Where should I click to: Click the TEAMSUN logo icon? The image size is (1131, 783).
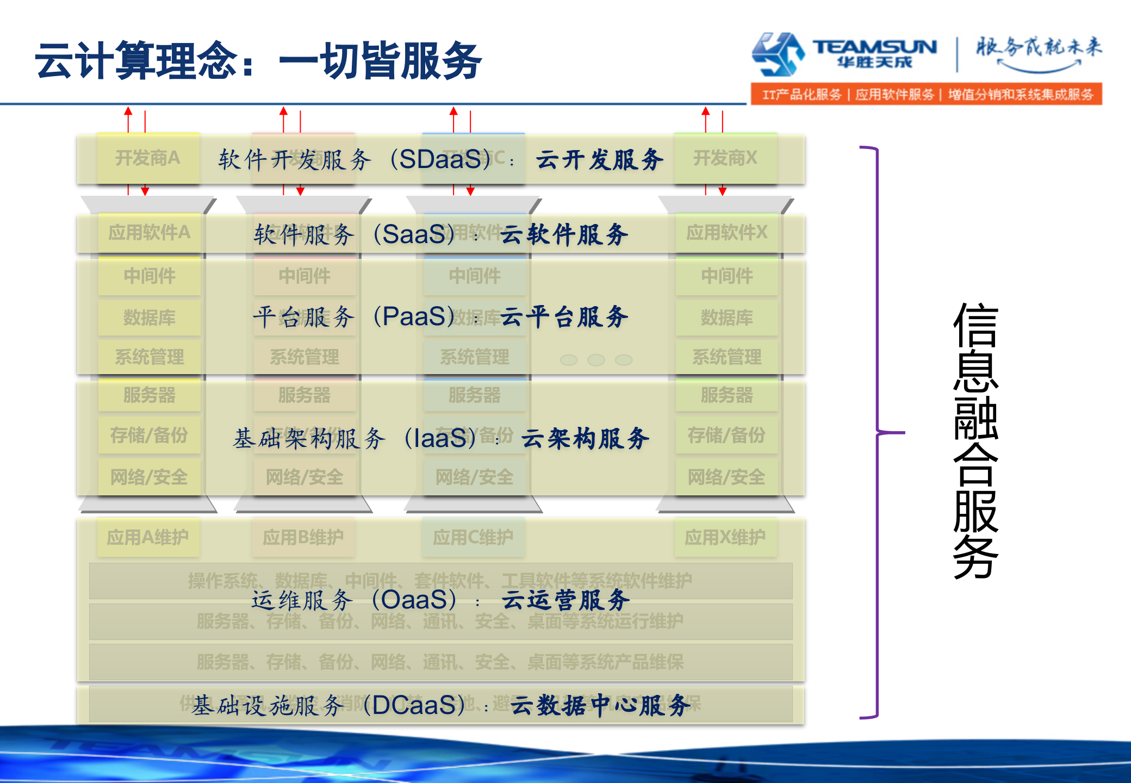click(x=778, y=53)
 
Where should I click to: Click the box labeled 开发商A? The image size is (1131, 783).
click(x=148, y=158)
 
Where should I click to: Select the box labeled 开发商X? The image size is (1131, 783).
click(x=725, y=158)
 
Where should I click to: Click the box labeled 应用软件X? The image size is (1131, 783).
click(x=726, y=233)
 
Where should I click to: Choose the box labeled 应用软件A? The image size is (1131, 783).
click(x=149, y=233)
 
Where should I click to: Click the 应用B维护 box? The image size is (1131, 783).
click(x=303, y=537)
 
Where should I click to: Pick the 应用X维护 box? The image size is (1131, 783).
click(x=725, y=537)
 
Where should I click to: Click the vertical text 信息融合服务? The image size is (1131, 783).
click(x=976, y=440)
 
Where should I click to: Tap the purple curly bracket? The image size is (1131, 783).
click(x=877, y=432)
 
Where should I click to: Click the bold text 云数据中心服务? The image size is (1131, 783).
click(x=600, y=705)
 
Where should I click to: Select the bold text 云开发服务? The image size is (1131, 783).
click(x=599, y=160)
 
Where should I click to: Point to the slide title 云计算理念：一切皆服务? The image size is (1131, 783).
click(x=258, y=60)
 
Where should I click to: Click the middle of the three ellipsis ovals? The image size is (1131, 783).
click(x=596, y=360)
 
